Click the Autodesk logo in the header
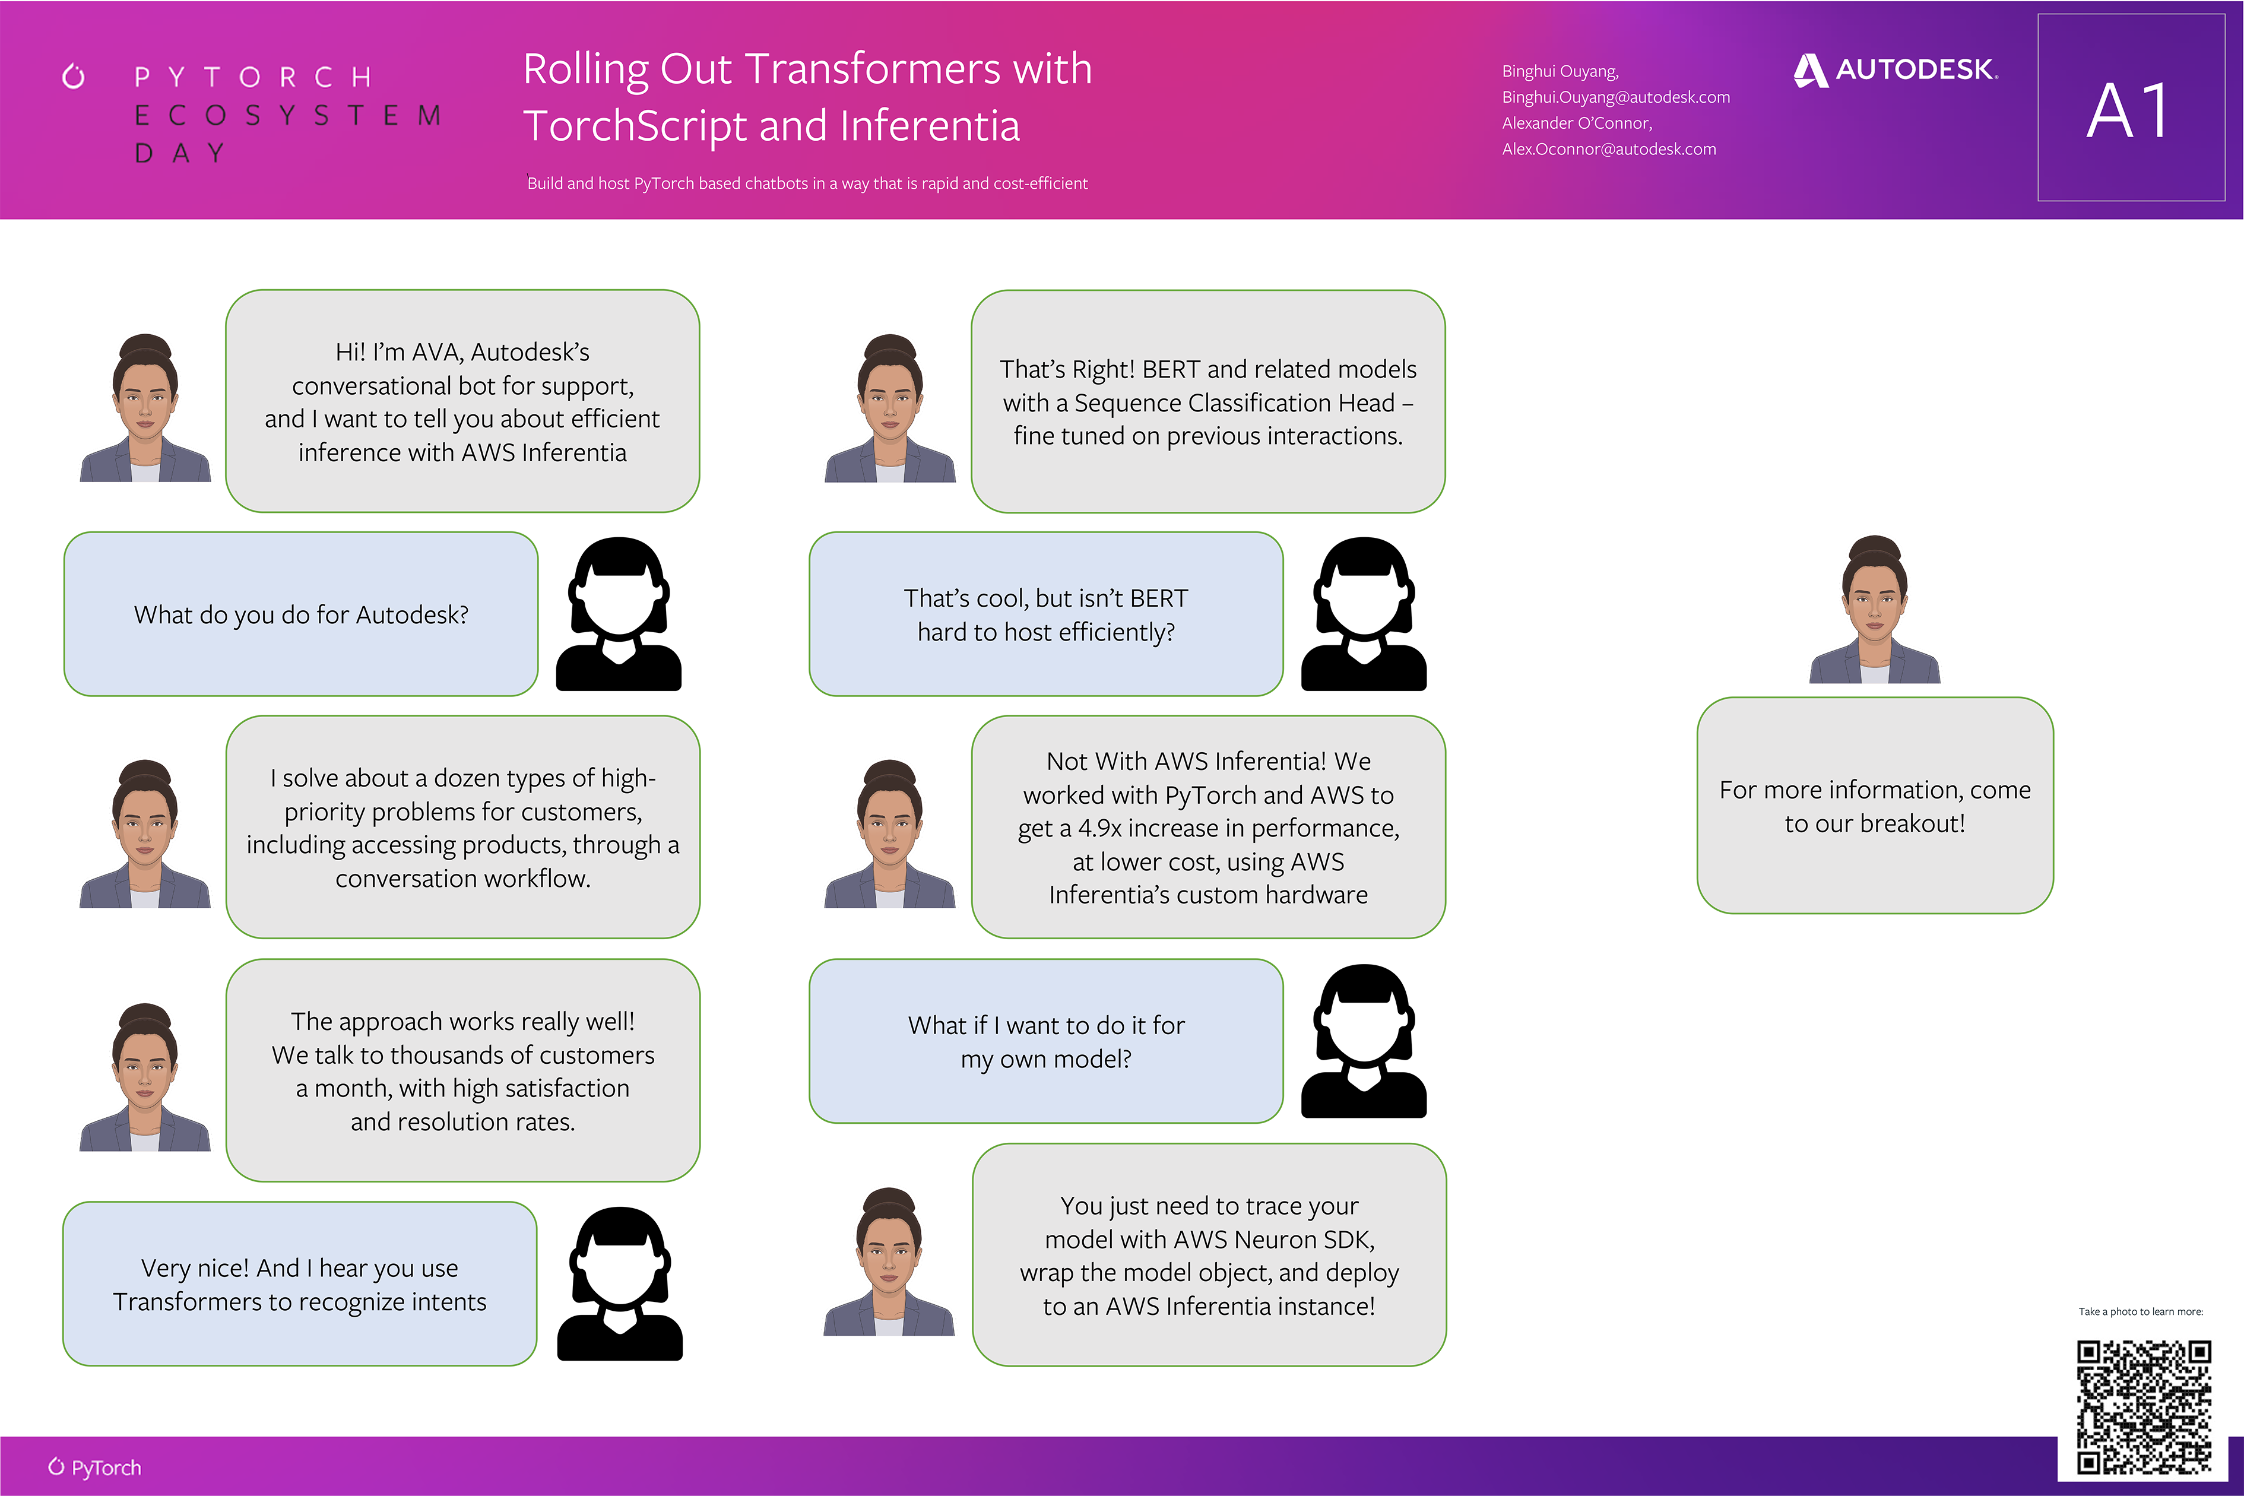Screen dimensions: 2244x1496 [1896, 69]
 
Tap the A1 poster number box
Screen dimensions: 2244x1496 [2131, 108]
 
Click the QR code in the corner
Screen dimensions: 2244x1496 [2144, 1406]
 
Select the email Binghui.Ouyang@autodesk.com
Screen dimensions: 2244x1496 [1615, 97]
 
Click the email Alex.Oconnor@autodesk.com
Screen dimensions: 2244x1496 [1609, 149]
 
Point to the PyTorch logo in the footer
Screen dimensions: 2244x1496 [94, 1468]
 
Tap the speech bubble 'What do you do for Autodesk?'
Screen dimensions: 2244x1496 [300, 614]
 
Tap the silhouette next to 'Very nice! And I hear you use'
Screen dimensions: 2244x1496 [620, 1284]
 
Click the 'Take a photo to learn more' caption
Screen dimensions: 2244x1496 [2141, 1312]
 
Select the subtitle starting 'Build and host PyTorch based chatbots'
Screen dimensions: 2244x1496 [807, 183]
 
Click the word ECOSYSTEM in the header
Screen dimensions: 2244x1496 [287, 115]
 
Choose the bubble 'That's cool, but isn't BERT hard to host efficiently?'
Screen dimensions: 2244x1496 [1045, 614]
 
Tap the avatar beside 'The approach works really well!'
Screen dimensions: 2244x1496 [145, 1076]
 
